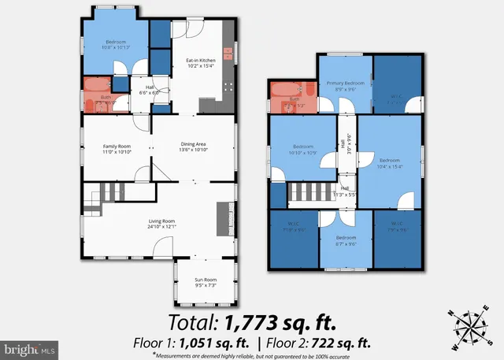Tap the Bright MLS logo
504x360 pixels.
pos(29,347)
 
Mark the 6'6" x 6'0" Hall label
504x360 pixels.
pos(150,90)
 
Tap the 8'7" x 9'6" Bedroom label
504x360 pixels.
pos(346,240)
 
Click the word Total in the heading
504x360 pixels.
pos(194,321)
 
